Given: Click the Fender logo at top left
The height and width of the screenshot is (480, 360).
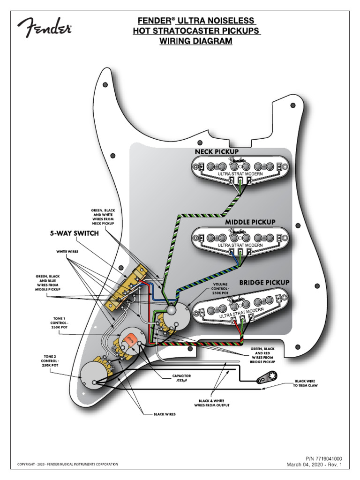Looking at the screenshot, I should click(x=45, y=29).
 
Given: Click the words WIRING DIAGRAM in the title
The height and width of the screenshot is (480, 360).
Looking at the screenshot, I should click(x=196, y=41).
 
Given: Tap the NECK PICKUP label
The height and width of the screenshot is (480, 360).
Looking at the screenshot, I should click(x=217, y=152).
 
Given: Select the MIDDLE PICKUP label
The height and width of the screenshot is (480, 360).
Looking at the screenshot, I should click(x=250, y=221).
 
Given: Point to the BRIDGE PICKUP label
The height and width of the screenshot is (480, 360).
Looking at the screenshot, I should click(x=264, y=283).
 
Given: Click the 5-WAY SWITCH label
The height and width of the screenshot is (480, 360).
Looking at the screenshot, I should click(x=75, y=233).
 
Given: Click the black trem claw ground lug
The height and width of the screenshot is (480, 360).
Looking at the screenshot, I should click(x=267, y=378).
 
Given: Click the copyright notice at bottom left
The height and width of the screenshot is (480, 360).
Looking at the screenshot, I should click(x=67, y=465).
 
